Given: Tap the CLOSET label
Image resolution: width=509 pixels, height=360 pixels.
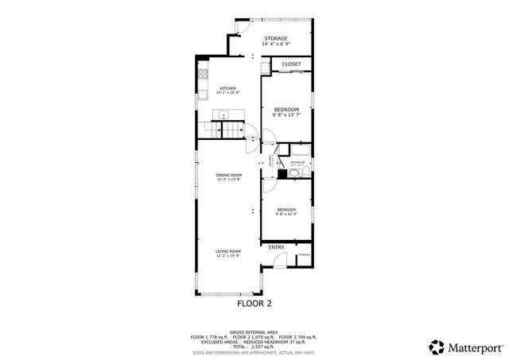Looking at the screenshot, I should coord(291,64).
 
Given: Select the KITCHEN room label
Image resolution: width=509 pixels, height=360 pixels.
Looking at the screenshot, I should coord(228,88).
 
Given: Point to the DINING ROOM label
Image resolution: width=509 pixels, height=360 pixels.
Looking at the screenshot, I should coord(228,175).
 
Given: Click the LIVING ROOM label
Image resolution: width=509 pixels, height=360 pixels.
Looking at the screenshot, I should coord(227,251).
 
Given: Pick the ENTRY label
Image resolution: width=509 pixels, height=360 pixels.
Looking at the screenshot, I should coord(276,247).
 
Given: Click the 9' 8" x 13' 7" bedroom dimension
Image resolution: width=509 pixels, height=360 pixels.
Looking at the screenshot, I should coord(286,115).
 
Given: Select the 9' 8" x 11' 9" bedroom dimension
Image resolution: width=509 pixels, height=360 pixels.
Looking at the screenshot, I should coord(286,214).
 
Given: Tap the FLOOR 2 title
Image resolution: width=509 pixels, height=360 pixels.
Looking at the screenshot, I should coord(254,303).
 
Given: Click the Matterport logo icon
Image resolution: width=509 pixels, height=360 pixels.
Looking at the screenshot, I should coord(437,346).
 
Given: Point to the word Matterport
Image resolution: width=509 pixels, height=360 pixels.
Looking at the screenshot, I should coord(475,347).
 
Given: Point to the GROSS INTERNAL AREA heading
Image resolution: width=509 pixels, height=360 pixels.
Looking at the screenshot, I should coord(254,332).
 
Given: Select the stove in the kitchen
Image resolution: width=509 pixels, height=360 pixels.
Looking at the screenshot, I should coord(202,77).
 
